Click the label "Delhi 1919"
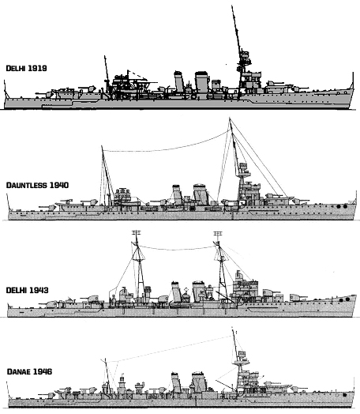coord(26,68)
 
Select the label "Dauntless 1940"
coord(37,185)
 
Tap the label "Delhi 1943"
coord(27,290)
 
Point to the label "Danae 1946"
coord(29,371)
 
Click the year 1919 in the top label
coord(37,68)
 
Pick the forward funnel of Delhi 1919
coord(202,82)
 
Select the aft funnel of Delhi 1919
coord(179,81)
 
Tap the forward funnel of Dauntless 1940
coord(201,194)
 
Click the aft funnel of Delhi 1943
coord(176,292)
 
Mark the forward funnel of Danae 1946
coord(199,382)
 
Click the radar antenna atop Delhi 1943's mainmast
coord(136,233)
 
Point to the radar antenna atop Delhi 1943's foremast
coord(218,234)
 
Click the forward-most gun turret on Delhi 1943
coord(298,298)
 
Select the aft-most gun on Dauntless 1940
coord(48,207)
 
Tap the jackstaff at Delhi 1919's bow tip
coord(352,80)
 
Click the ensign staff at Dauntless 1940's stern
coord(8,201)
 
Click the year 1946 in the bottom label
coord(42,371)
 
